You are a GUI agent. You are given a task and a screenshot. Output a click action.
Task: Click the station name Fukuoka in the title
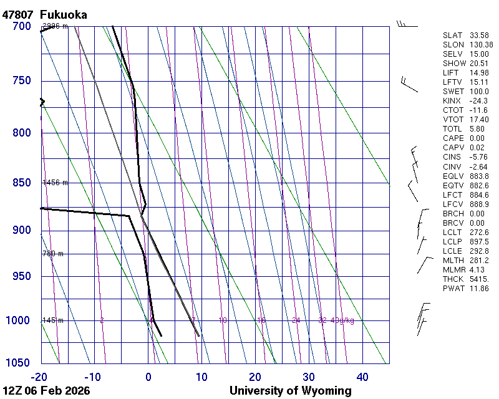63,14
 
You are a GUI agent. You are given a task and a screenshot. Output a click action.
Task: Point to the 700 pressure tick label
21,26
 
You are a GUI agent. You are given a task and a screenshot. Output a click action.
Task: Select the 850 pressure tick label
21,183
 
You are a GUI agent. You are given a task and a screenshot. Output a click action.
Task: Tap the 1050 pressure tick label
18,363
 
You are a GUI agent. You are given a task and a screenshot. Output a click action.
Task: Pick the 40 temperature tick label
362,377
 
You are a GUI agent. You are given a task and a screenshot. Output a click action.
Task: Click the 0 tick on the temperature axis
148,377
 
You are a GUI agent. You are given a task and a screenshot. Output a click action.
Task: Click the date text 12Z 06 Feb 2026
46,391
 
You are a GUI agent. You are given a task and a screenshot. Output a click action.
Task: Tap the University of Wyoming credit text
290,391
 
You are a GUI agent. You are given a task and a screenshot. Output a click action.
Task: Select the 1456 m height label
55,183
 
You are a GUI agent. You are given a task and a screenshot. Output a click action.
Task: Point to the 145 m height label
52,320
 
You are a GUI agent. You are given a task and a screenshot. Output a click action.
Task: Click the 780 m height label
53,254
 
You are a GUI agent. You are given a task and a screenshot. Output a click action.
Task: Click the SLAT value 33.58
478,36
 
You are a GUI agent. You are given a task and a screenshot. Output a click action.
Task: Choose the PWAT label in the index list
453,289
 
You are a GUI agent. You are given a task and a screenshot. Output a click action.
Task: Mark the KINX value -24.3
478,101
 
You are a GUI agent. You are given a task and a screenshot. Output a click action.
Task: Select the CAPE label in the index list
453,138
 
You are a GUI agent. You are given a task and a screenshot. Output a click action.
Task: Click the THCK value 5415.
478,279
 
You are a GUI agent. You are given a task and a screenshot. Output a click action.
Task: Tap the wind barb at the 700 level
406,25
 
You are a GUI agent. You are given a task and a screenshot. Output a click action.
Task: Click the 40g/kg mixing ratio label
342,320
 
